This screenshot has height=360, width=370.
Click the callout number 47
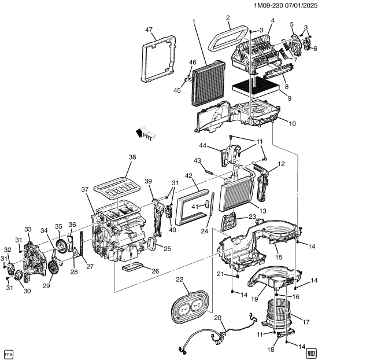149,30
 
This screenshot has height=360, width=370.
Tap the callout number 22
179,280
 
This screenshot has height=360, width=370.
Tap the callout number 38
132,157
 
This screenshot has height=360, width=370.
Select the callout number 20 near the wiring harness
217,318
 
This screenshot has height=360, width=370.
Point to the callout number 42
188,176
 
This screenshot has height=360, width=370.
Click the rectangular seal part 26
137,267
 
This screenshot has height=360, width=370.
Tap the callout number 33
27,229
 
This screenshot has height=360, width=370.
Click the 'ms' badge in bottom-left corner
8,352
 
